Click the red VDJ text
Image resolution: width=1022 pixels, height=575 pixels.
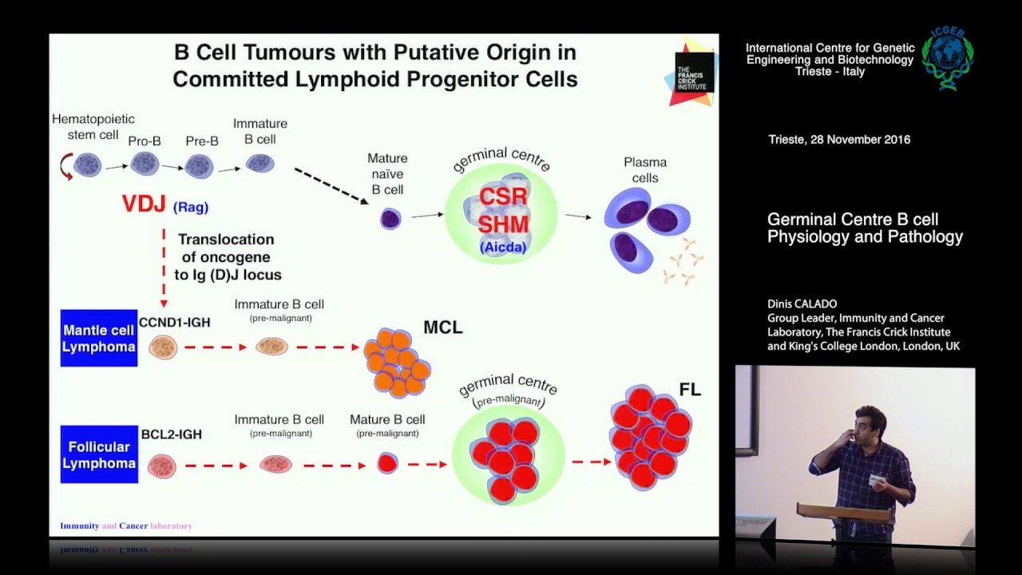coord(143,204)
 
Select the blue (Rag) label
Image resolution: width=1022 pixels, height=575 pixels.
coord(191,207)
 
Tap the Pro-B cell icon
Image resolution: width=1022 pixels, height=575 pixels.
coord(145,164)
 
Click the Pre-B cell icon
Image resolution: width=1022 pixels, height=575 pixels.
coord(199,166)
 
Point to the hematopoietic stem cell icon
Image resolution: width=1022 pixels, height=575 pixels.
coord(88,165)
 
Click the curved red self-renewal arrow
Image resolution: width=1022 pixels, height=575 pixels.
coord(66,167)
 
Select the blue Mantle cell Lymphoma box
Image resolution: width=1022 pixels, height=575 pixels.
coord(99,339)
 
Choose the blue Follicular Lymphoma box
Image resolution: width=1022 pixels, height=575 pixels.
coord(99,454)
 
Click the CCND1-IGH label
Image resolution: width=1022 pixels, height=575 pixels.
coord(174,322)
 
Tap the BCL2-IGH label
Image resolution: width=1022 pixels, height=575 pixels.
coord(171,434)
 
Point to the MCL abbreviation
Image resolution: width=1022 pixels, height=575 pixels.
coord(443,327)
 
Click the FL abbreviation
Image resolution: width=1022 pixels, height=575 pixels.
coord(689,390)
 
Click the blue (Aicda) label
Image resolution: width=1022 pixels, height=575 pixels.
coord(503,248)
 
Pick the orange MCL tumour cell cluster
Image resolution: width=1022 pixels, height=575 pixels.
coord(396,363)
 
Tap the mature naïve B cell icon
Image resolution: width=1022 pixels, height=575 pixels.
coord(390,219)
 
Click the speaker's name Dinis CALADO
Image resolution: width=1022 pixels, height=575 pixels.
coord(802,304)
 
